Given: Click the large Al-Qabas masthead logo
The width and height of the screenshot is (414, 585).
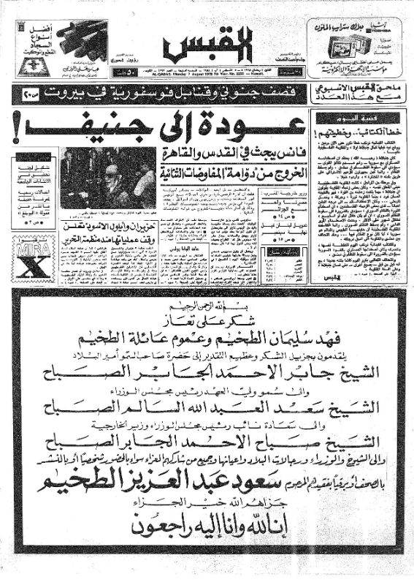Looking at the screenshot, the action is (x=207, y=45).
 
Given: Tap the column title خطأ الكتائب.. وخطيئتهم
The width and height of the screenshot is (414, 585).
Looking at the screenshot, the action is (x=341, y=133).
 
